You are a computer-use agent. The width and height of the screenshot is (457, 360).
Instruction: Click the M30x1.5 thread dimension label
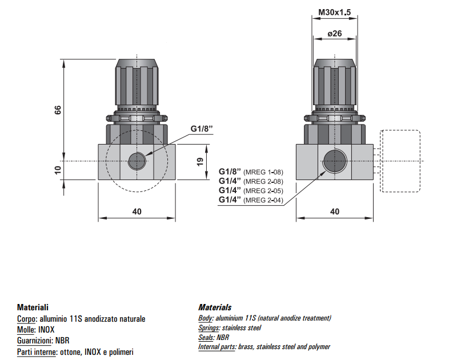pos(334,12)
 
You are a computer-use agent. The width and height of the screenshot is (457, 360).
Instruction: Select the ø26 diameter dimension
pos(334,34)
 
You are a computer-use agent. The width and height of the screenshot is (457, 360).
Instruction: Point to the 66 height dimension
pos(57,110)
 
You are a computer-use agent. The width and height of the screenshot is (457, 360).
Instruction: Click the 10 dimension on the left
pos(57,170)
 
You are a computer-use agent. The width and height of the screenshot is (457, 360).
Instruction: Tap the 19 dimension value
pos(200,162)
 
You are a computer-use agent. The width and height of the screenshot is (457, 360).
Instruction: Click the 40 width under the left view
pos(137,211)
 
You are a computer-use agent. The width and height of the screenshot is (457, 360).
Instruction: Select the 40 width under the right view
pos(335,211)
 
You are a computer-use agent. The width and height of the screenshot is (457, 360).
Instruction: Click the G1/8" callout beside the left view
pos(202,129)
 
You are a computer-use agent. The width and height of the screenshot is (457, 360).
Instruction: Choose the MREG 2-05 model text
pos(263,190)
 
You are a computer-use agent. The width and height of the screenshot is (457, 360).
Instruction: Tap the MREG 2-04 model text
pos(263,199)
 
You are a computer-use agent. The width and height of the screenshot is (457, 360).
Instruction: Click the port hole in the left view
pos(137,161)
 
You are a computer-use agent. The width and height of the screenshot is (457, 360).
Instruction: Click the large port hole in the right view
pos(335,161)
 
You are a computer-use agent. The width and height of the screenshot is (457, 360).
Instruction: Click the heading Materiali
pos(33,307)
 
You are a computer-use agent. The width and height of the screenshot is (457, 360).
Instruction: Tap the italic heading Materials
pos(215,307)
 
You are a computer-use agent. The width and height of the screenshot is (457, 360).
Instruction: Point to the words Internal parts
pos(217,346)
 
